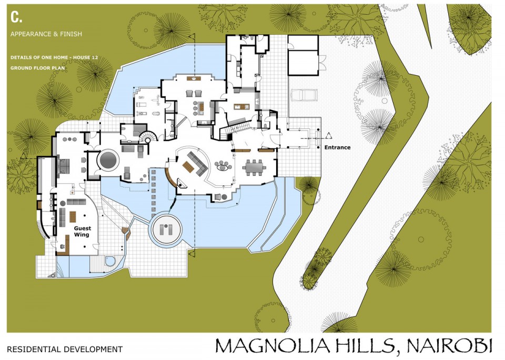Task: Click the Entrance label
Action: pos(337,147)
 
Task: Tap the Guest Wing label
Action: pos(83,232)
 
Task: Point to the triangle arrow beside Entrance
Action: pos(328,136)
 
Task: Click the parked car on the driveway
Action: pos(304,95)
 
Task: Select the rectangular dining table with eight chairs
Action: pos(255,167)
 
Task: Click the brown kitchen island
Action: pos(240,106)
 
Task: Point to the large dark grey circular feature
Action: pos(108,160)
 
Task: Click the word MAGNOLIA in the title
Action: pos(273,345)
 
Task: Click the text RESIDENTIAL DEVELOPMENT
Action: pos(65,349)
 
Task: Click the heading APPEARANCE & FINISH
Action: pos(46,34)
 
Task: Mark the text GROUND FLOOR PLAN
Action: pos(37,68)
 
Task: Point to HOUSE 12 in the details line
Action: pos(86,57)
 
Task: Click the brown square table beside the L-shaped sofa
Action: pos(188,167)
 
